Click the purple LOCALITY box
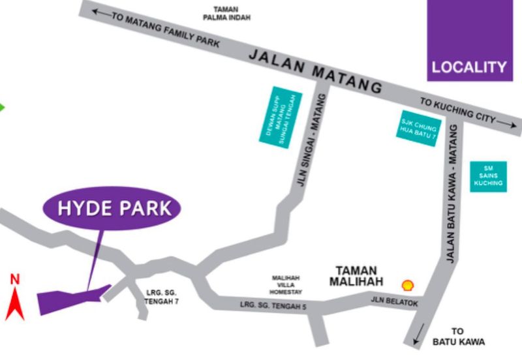[469, 40]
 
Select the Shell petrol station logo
[408, 285]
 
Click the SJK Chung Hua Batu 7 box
[418, 128]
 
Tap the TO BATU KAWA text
[458, 336]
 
